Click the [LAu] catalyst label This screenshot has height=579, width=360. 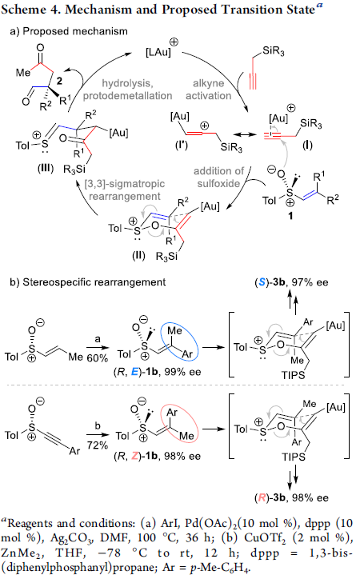pyautogui.click(x=158, y=52)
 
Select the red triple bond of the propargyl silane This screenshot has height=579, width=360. pyautogui.click(x=253, y=80)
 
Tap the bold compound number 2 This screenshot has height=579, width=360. pyautogui.click(x=59, y=81)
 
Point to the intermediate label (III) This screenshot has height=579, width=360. pyautogui.click(x=46, y=169)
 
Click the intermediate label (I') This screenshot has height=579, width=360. pyautogui.click(x=182, y=145)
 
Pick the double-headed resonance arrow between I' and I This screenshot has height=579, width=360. pyautogui.click(x=245, y=135)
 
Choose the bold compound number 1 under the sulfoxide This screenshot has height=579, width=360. pyautogui.click(x=290, y=216)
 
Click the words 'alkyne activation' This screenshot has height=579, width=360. pyautogui.click(x=209, y=90)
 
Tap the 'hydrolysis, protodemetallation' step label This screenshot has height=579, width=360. pyautogui.click(x=127, y=90)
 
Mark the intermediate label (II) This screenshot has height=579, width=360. pyautogui.click(x=139, y=256)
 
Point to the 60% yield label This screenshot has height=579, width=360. pyautogui.click(x=98, y=357)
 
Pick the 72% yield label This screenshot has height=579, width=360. pyautogui.click(x=97, y=445)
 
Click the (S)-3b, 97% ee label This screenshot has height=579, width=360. pyautogui.click(x=291, y=282)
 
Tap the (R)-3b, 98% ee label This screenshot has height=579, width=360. pyautogui.click(x=291, y=497)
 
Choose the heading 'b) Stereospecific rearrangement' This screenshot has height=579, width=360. pyautogui.click(x=87, y=282)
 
